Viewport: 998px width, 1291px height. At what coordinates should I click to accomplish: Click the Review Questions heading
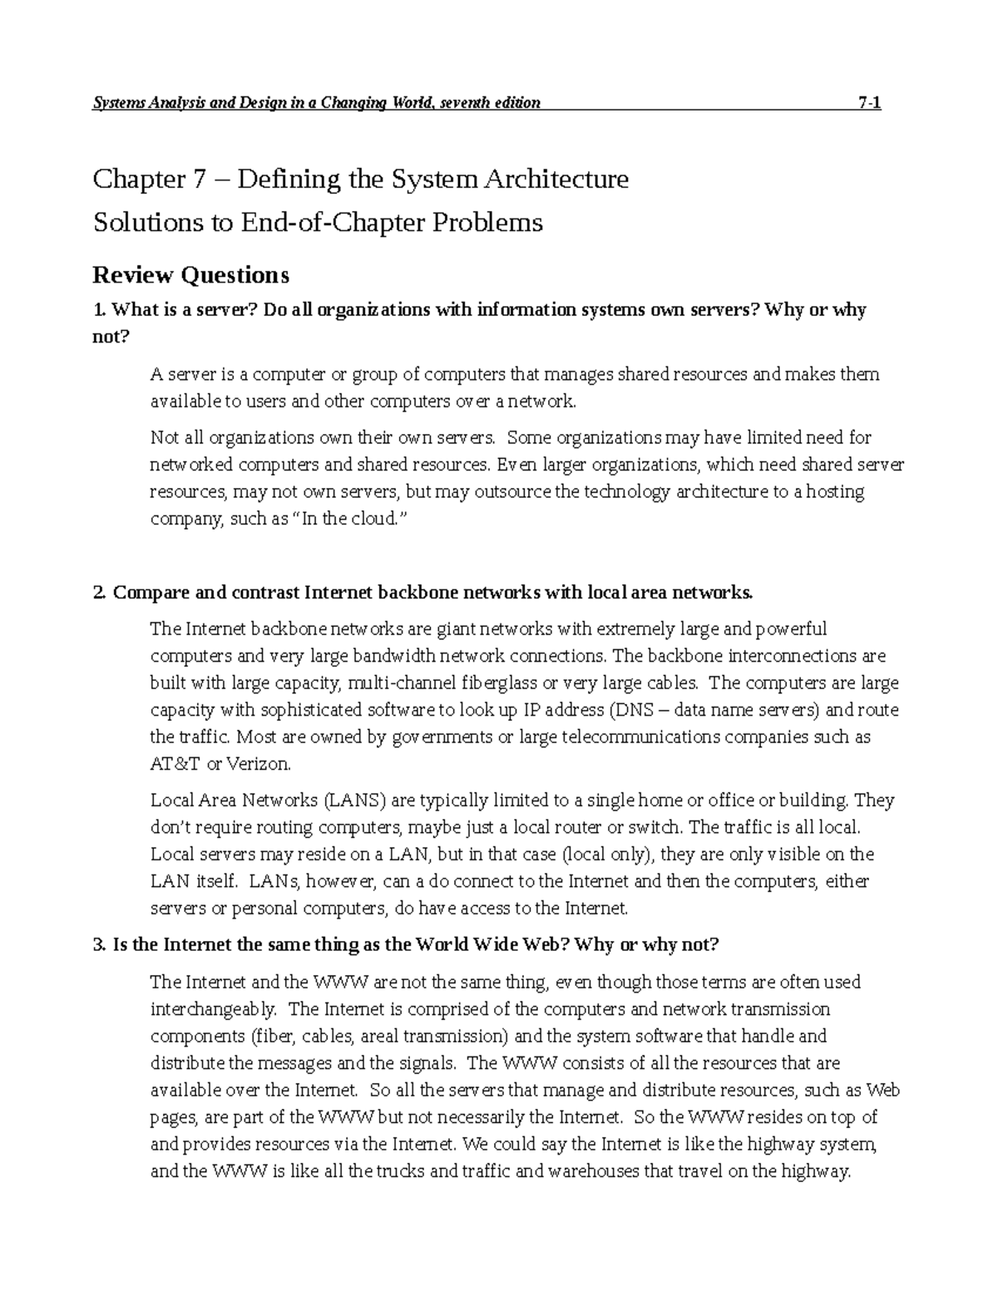pos(190,274)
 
